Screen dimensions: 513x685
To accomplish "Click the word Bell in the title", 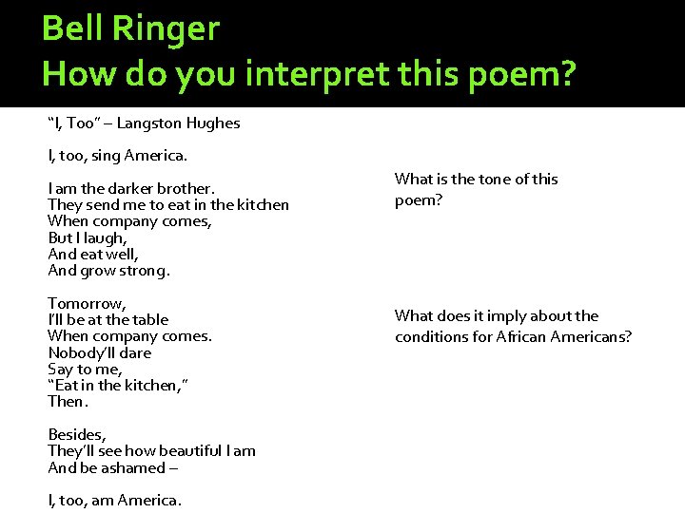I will point(73,28).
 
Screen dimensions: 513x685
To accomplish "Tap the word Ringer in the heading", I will point(166,30).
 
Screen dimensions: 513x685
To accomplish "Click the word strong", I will point(144,271).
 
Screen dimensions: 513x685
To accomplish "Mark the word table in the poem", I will point(149,319).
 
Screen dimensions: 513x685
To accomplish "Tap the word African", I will point(525,336).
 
